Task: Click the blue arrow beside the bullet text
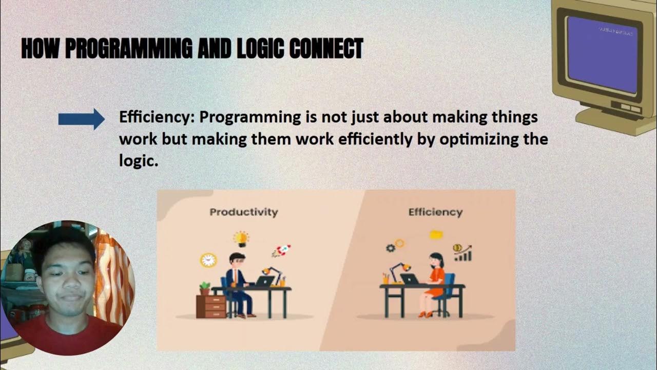(81, 119)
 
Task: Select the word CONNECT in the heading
(326, 49)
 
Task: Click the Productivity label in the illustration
(243, 212)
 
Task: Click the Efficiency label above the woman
(435, 212)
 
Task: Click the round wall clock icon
(208, 260)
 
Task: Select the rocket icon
(282, 251)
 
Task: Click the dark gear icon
(390, 248)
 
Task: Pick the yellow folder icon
(436, 235)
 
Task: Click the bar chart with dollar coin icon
(462, 252)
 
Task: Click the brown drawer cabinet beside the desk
(211, 306)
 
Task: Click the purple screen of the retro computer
(602, 54)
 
